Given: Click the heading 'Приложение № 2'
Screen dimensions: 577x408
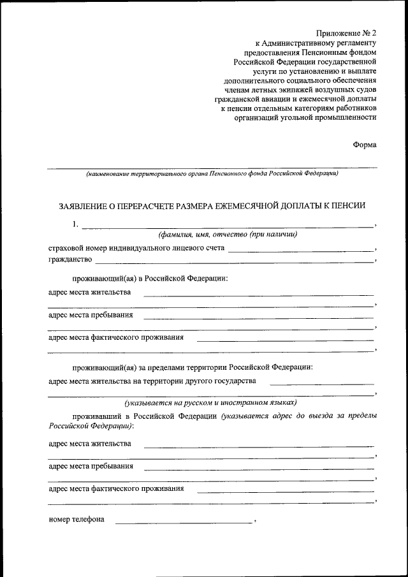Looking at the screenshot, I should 347,32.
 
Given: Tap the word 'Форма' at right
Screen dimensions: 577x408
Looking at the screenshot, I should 364,145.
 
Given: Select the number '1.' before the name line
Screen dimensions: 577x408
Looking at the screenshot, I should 75,224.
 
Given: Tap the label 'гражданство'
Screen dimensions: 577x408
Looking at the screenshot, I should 70,260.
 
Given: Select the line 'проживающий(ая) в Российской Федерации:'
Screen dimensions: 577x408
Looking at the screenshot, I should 150,279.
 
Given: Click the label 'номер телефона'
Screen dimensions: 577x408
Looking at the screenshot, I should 76,520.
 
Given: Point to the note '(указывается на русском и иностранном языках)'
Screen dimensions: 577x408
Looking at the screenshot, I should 211,403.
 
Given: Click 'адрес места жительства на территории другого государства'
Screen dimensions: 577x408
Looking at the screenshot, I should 152,381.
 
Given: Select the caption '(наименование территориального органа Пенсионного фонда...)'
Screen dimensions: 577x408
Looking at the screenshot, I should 212,173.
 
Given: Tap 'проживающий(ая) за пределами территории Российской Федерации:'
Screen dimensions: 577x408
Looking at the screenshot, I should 193,367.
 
